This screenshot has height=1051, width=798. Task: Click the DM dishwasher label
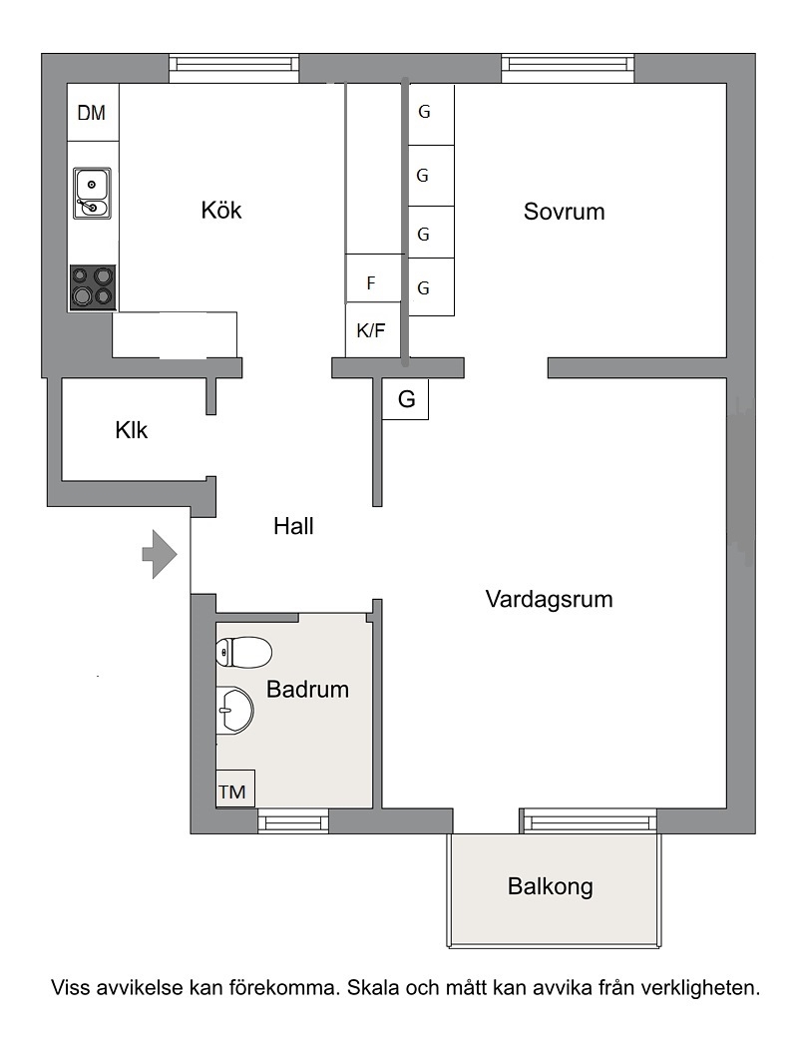[92, 113]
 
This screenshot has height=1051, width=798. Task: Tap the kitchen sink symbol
[93, 193]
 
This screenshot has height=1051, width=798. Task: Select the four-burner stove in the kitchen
[93, 287]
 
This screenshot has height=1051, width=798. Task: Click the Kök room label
[221, 210]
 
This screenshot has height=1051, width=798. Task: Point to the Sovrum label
[565, 212]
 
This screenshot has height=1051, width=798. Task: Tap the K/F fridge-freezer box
[372, 329]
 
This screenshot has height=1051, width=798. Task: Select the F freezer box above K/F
[373, 278]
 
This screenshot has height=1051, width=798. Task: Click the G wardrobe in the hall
[405, 399]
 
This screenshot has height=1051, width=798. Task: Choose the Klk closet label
[132, 429]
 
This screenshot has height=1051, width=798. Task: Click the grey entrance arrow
[160, 554]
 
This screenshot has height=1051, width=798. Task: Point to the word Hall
[293, 526]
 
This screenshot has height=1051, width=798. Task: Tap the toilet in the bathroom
[244, 652]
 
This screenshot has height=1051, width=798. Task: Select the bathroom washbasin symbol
[235, 710]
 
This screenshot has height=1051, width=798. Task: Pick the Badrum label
[307, 689]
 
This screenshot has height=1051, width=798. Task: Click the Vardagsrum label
[550, 599]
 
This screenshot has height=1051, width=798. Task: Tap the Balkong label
[551, 886]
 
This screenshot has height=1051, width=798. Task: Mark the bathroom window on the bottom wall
[293, 821]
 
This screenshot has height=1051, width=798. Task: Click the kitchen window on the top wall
[233, 68]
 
